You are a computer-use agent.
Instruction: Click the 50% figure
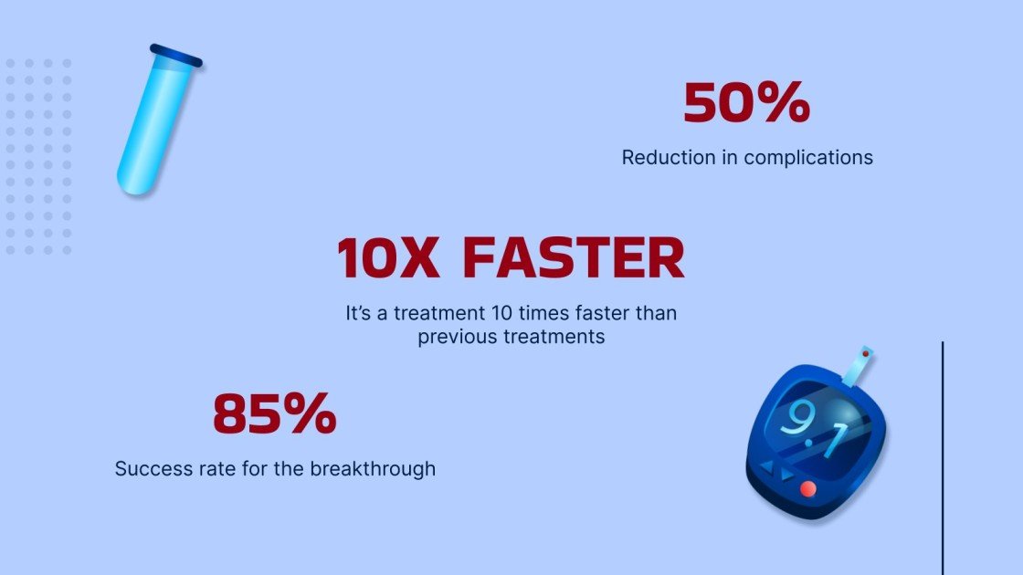746,103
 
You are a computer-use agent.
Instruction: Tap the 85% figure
275,414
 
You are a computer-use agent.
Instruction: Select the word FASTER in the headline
573,258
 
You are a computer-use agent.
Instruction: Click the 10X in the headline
387,258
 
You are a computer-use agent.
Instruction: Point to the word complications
808,157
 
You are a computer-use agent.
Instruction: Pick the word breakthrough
373,469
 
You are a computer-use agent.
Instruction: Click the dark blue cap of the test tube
176,56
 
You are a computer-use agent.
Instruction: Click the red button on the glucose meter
807,489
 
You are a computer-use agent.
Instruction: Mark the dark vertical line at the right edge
942,456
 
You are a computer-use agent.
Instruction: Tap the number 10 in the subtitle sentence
501,313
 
